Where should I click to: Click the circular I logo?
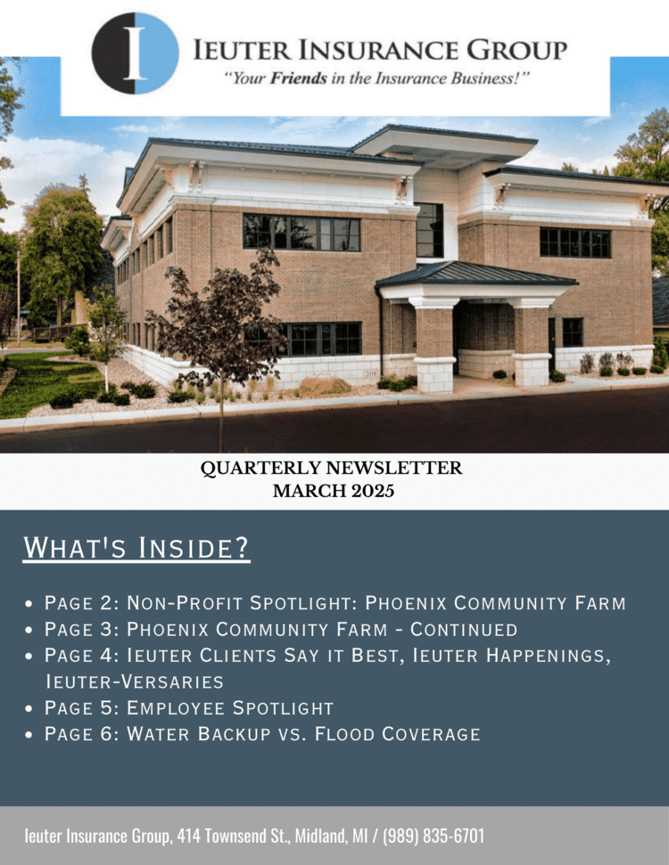pos(136,53)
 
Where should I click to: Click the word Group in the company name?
pos(517,51)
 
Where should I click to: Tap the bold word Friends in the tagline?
pos(298,78)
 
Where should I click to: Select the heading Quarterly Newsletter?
pos(331,468)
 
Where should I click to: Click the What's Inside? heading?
pos(136,547)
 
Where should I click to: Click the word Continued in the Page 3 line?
pos(464,630)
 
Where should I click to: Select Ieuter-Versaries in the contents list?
pos(134,681)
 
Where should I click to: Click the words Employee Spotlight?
pos(230,708)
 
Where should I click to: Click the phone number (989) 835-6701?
pos(434,836)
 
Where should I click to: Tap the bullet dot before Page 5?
pos(29,709)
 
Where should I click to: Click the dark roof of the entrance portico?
pos(476,274)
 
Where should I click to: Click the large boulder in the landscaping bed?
pos(325,385)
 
